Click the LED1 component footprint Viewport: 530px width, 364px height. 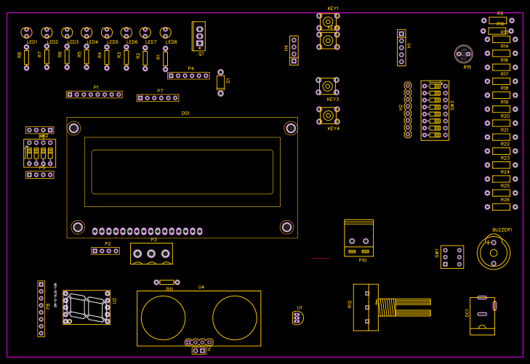coord(27,32)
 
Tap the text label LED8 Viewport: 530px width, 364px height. coord(171,42)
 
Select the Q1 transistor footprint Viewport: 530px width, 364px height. coord(199,36)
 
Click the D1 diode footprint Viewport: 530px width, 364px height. coord(220,82)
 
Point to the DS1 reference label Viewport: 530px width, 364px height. coord(185,113)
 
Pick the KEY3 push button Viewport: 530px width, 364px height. coord(328,85)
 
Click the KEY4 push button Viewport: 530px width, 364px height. coord(328,115)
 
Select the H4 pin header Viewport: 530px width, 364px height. coord(294,50)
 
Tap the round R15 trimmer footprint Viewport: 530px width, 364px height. coord(463,53)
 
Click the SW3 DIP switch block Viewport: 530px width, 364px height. coord(435,110)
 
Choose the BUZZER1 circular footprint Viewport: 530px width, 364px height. coord(494,252)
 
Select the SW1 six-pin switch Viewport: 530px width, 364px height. coord(452,256)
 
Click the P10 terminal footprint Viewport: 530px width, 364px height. coord(358,238)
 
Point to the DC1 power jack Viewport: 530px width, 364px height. coord(482,315)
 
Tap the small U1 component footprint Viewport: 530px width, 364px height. coord(297,318)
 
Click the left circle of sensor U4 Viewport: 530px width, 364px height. coord(163,318)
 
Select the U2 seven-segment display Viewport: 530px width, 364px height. coord(87,307)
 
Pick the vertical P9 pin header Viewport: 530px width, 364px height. coord(41,308)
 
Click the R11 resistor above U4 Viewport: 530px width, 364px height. coord(166,282)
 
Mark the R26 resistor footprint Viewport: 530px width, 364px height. coord(501,206)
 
